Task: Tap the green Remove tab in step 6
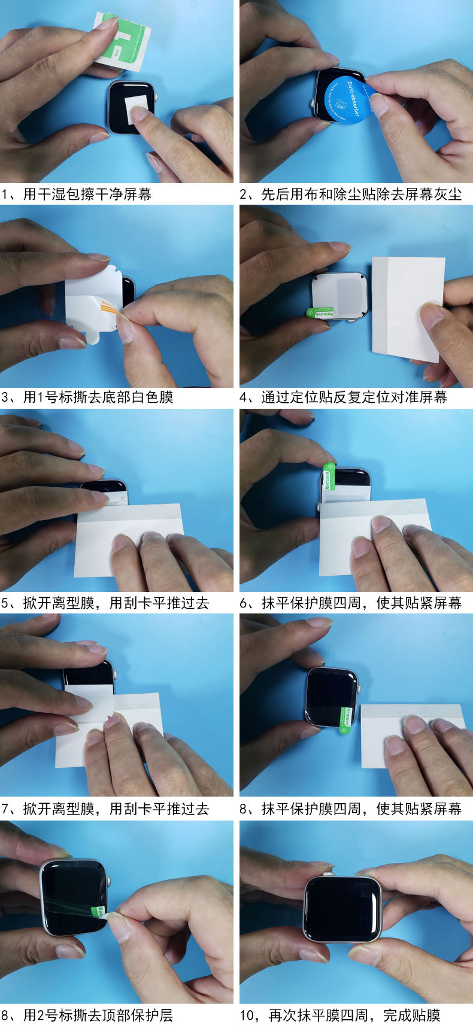pos(328,477)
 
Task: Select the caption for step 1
pos(77,194)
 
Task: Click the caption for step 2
pos(351,194)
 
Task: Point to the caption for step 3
pos(87,397)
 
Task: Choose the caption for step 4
pos(344,397)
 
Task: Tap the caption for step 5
pos(105,603)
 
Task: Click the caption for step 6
pos(351,603)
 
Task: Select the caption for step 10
pos(340,1015)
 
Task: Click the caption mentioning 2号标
pos(87,1015)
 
